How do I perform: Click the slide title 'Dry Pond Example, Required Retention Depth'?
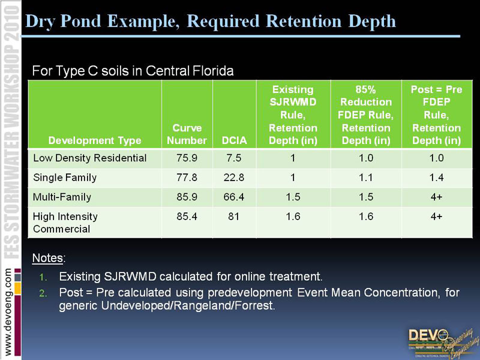tap(211, 22)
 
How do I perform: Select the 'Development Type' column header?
tap(95, 141)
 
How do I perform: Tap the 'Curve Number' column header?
tap(187, 134)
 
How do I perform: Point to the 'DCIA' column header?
tap(234, 141)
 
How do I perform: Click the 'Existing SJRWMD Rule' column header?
tap(293, 115)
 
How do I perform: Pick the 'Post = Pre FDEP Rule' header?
tap(436, 115)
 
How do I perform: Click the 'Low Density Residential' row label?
tap(90, 158)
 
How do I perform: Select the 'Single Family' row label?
tap(65, 178)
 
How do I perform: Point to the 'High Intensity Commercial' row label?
tap(65, 223)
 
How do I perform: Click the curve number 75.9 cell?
tap(187, 158)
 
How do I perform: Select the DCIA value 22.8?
tap(234, 178)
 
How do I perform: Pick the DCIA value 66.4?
tap(234, 197)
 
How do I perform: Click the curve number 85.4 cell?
tap(187, 216)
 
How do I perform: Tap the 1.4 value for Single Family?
tap(436, 178)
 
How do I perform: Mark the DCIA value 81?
tap(234, 216)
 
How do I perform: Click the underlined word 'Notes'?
tap(48, 258)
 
